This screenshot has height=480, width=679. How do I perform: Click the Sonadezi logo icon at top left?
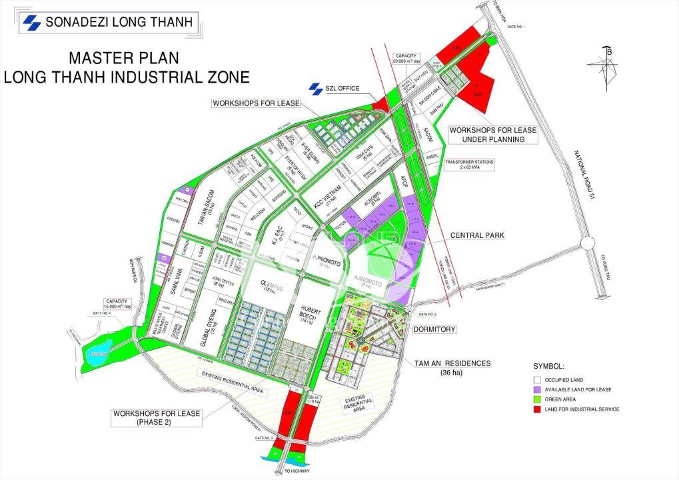(31, 23)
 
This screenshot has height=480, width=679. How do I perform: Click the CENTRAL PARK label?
(477, 235)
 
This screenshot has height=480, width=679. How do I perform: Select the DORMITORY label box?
(434, 329)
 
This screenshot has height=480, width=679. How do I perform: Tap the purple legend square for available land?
(536, 389)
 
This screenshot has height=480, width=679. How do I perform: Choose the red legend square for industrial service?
(536, 409)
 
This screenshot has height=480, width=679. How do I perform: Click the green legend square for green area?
(536, 399)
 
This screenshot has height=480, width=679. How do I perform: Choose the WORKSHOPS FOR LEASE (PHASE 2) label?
(156, 417)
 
